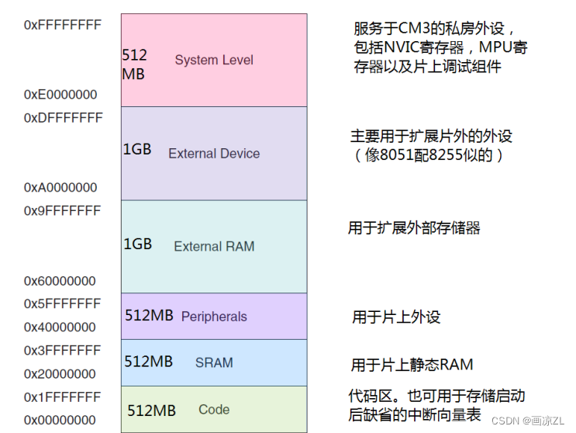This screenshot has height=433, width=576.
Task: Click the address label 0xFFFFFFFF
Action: tap(63, 25)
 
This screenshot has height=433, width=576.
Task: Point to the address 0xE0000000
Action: tap(60, 95)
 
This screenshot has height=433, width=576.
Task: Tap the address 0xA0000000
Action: tap(60, 188)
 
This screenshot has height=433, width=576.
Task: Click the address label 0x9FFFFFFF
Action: tap(63, 211)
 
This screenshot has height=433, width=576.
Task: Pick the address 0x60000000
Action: tap(60, 281)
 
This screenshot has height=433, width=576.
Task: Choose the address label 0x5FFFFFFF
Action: tap(63, 304)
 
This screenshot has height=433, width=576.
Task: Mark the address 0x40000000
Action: tap(60, 327)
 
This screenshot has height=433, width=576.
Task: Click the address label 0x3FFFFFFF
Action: tap(63, 351)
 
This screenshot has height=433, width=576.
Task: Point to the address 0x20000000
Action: tap(60, 374)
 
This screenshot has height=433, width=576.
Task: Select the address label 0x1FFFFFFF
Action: tap(63, 397)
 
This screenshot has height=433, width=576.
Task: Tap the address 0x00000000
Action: tap(60, 421)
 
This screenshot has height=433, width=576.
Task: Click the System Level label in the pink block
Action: tap(214, 60)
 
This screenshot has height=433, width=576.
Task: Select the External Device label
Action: tap(214, 154)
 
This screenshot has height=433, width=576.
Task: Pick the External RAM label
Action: tap(214, 247)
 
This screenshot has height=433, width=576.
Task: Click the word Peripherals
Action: tap(214, 317)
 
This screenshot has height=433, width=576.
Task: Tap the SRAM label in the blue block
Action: tap(214, 362)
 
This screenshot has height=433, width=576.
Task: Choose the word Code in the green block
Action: tap(214, 410)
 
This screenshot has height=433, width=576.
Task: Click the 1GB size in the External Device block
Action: tap(137, 151)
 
